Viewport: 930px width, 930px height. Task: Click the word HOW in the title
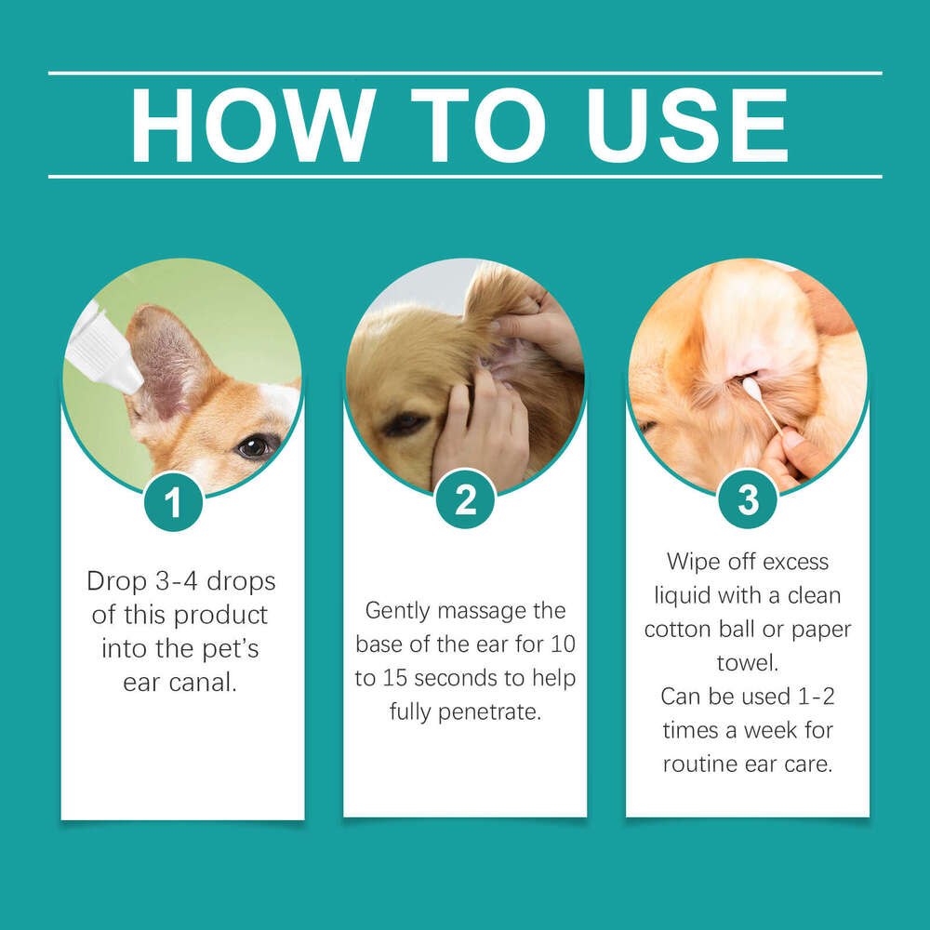click(253, 126)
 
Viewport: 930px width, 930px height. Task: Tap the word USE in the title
click(687, 126)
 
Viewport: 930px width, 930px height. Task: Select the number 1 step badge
click(173, 502)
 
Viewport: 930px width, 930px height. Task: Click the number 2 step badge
click(465, 502)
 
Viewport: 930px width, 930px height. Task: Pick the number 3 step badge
click(748, 502)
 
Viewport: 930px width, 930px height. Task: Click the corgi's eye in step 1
click(254, 446)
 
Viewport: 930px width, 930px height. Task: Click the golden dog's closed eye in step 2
click(403, 423)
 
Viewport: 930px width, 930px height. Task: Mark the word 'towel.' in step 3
click(747, 662)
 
